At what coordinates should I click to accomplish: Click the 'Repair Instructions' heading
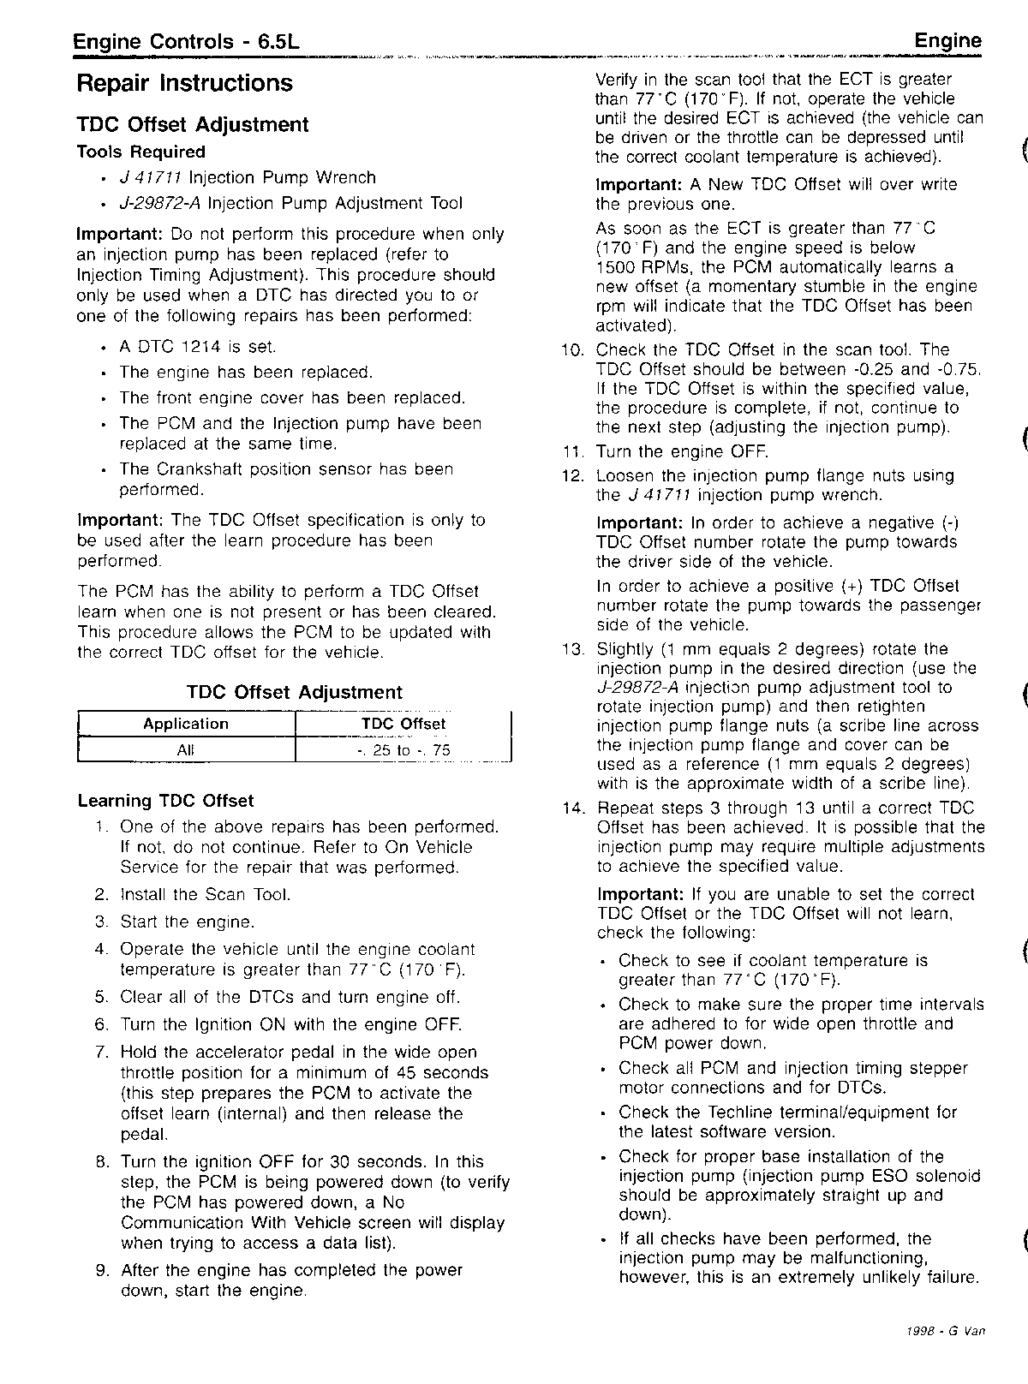coord(184,84)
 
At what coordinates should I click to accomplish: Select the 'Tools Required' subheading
coord(141,152)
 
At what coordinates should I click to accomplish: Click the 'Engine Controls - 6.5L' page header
coord(186,42)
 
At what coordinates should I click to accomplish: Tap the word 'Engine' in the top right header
coord(947,41)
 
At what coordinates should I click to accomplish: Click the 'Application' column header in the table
coord(186,724)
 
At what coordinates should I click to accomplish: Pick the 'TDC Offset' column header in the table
coord(403,724)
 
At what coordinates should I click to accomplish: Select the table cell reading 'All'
coord(186,750)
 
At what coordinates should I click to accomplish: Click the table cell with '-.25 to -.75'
coord(403,751)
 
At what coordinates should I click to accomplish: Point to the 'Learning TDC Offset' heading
coord(165,802)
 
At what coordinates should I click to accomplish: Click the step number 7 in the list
coord(101,1053)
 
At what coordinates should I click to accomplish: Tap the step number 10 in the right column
coord(571,350)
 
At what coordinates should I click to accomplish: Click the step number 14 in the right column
coord(571,808)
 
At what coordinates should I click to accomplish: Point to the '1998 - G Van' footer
coord(946,1331)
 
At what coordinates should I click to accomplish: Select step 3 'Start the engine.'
coord(187,922)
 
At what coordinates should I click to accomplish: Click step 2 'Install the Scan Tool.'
coord(205,895)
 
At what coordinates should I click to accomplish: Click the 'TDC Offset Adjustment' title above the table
coord(294,693)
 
